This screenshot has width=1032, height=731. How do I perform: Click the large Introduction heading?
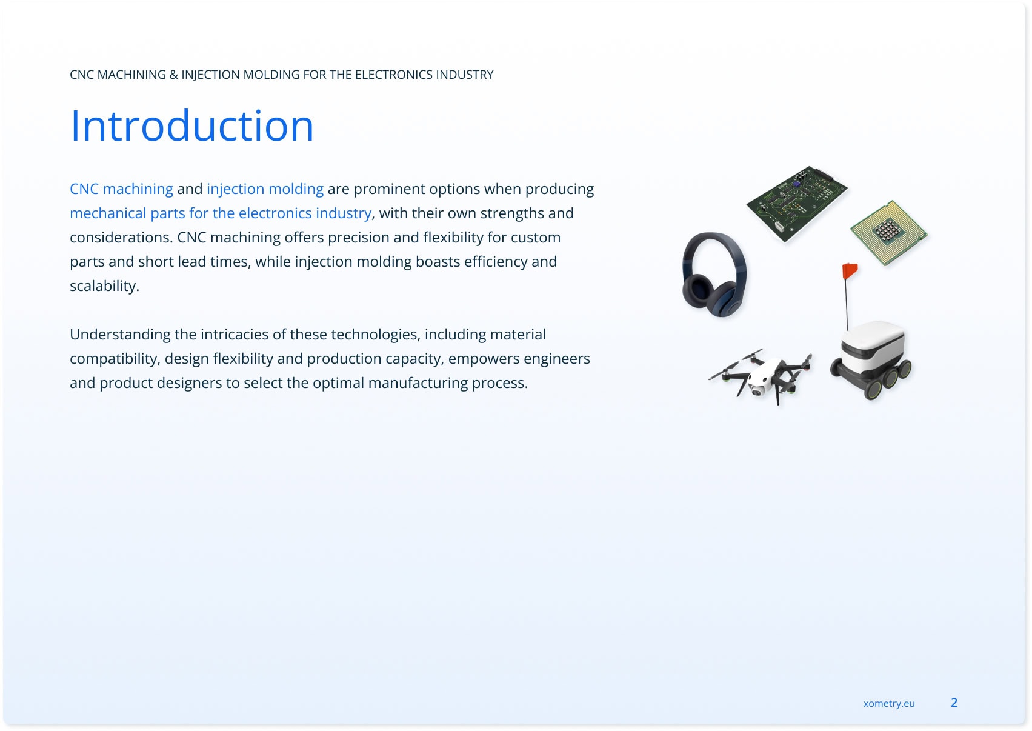[191, 125]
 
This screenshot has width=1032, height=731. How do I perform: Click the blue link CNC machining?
[121, 189]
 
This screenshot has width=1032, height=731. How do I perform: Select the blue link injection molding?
[265, 189]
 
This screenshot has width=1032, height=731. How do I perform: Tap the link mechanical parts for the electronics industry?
[220, 213]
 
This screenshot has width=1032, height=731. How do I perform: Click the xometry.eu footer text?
[889, 703]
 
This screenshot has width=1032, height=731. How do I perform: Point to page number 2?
[954, 703]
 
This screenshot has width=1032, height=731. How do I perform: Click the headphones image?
[714, 275]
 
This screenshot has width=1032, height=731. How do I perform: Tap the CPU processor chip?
[888, 233]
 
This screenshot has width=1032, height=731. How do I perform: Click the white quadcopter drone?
[760, 377]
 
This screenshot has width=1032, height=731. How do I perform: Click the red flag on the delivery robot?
[850, 270]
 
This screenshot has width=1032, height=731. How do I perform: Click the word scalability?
[104, 286]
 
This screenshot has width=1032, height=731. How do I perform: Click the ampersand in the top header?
[174, 75]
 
